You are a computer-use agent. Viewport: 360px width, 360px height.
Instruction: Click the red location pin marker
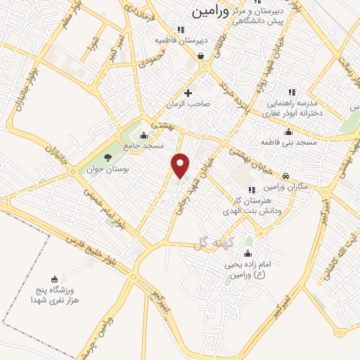coord(181,165)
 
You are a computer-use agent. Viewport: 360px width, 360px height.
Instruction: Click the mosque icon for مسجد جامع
coord(144,135)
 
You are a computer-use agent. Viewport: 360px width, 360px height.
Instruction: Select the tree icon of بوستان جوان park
coord(108,157)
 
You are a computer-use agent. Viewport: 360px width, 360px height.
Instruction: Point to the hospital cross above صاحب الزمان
coord(188,93)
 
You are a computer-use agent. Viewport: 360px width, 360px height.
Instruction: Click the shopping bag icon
coord(201,56)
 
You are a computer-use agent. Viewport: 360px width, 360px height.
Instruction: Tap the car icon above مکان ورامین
coord(285,176)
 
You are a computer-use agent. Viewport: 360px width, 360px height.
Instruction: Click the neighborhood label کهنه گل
coord(211,243)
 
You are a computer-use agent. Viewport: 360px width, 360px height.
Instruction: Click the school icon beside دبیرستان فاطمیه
coord(181,30)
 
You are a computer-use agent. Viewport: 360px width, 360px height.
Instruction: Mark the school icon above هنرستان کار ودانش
coord(251,190)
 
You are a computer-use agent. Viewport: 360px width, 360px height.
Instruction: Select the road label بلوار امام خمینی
coord(105,203)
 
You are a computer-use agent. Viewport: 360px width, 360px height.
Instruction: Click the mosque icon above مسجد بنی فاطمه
coord(288,131)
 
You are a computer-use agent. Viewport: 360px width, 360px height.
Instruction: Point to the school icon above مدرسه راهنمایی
coord(292,92)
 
